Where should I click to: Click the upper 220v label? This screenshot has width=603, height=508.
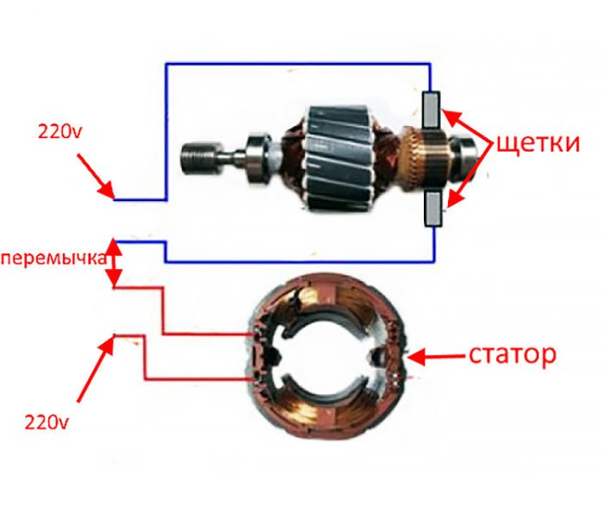(59, 132)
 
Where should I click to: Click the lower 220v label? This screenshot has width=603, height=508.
(47, 422)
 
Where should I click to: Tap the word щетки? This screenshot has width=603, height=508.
(538, 144)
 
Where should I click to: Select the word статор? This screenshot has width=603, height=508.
(513, 355)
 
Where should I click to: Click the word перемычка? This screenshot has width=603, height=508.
(53, 258)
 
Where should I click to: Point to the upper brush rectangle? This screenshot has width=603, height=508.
(431, 110)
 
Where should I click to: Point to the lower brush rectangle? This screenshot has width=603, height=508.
(433, 209)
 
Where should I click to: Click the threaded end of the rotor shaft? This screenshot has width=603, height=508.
(200, 157)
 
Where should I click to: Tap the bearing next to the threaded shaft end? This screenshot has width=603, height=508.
(258, 158)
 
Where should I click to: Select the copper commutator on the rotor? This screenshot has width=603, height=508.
(424, 158)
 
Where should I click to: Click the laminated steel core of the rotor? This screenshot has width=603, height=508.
(339, 158)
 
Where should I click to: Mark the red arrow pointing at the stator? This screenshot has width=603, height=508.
(437, 357)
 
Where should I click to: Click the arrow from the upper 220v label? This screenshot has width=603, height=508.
(96, 177)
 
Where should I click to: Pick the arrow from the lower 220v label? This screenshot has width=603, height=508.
(96, 368)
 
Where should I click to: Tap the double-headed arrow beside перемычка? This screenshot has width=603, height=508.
(115, 263)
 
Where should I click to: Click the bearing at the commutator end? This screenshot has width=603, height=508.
(464, 157)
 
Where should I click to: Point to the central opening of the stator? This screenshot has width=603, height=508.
(326, 357)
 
